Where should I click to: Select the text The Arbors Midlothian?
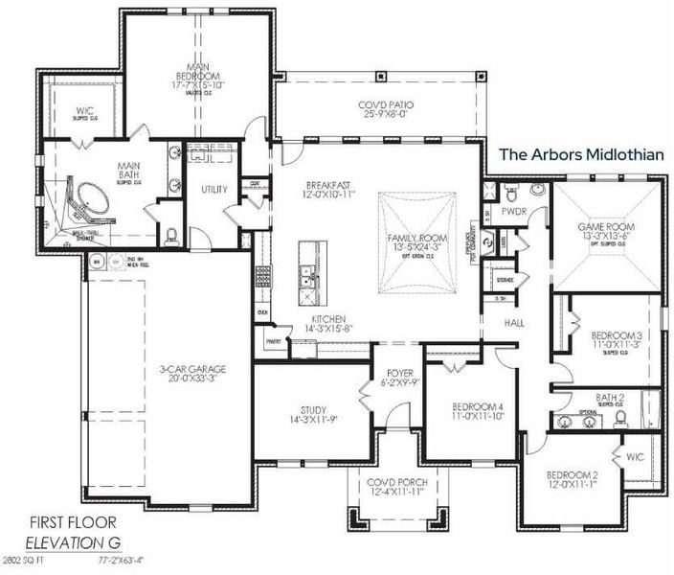(581, 153)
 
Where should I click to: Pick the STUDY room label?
(312, 410)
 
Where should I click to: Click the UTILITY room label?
(213, 190)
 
